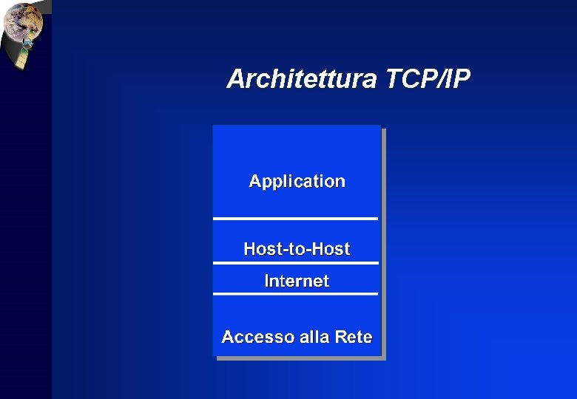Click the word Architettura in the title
coord(302,79)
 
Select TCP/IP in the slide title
coord(428,79)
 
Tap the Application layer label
coord(297,181)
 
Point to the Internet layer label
coord(297,281)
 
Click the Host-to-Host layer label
coord(297,249)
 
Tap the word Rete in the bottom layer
coord(353,337)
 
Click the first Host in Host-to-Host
coord(260,249)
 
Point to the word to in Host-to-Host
coord(297,250)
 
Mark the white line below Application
coord(295,219)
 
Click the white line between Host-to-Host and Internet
coord(295,263)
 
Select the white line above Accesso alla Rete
coord(295,294)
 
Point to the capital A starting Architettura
coord(237,79)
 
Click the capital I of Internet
coord(267,281)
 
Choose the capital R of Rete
coord(341,337)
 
